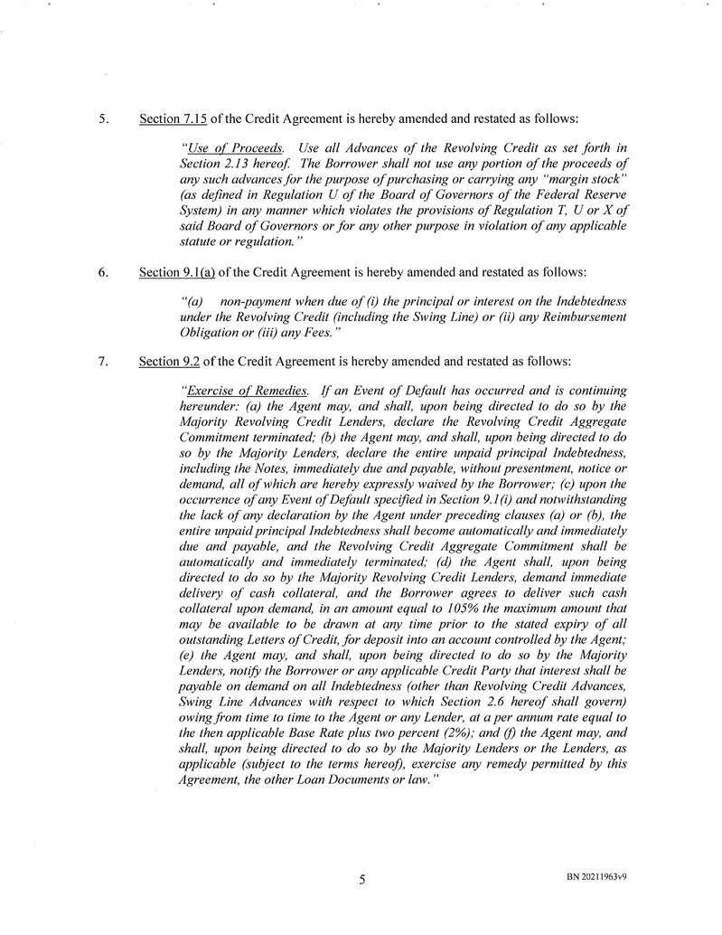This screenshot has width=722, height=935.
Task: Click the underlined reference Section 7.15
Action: [x=170, y=118]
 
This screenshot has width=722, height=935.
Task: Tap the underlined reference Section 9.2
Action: [x=166, y=363]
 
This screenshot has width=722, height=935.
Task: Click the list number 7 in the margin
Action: [x=103, y=363]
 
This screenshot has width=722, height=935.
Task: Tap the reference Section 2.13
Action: [x=217, y=162]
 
